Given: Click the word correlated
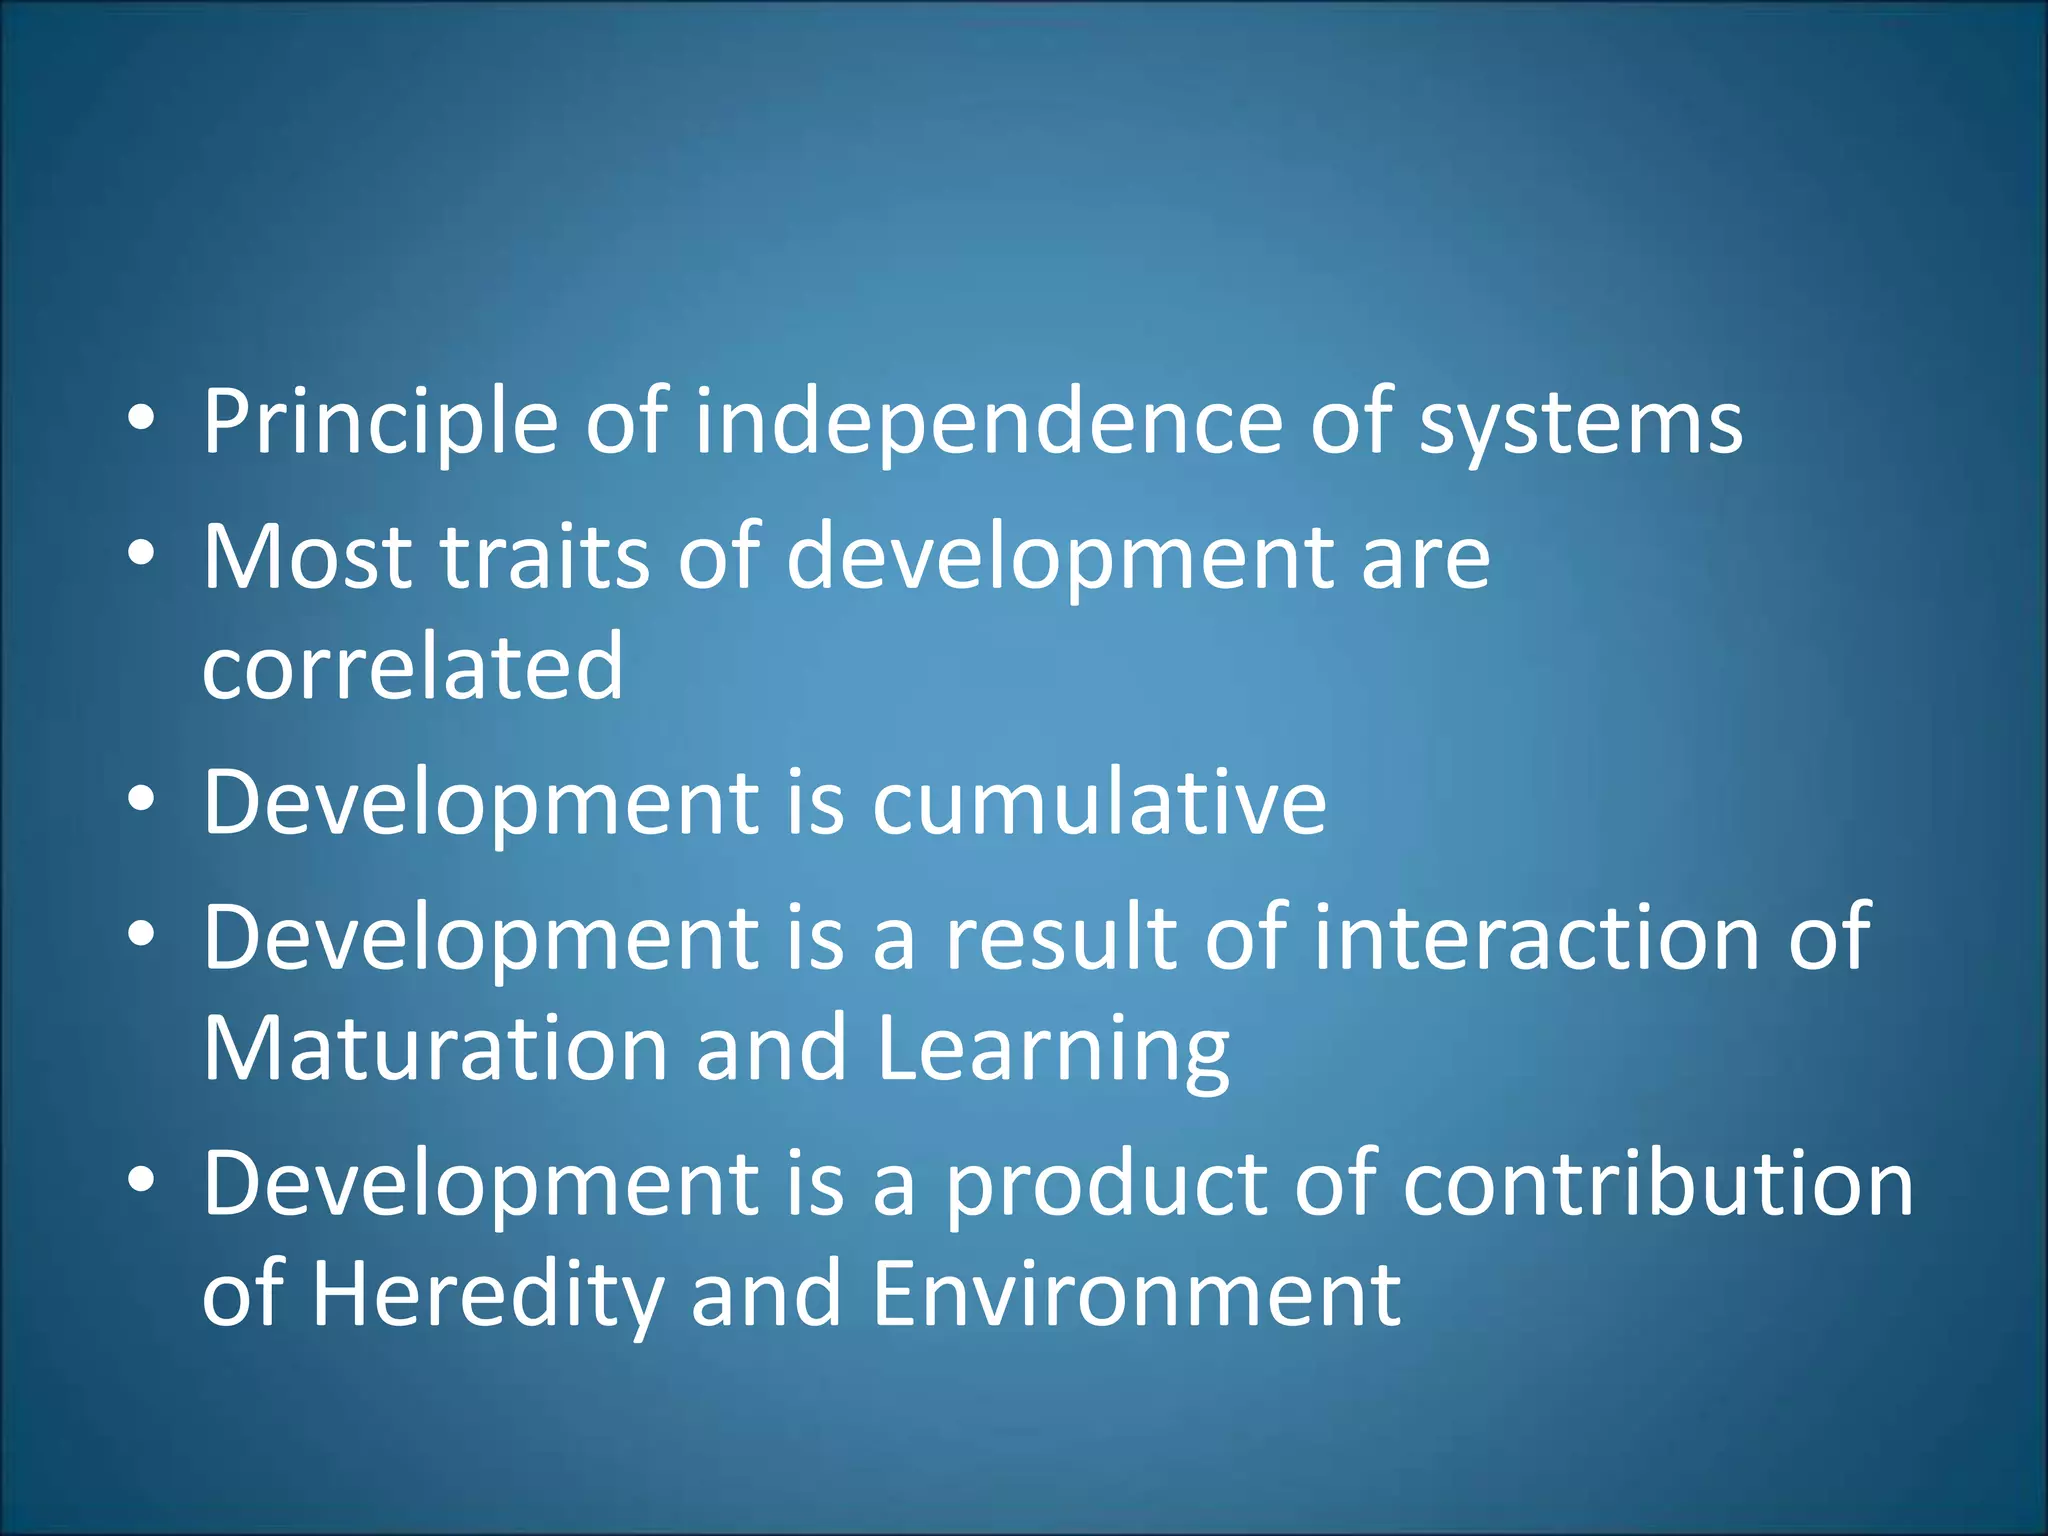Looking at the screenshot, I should [x=413, y=667].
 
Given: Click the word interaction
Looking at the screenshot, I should [x=1537, y=937].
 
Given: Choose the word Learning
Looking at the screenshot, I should [x=1053, y=1050].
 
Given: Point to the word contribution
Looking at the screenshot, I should [x=1658, y=1184].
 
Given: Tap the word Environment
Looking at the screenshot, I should [x=1136, y=1294].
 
